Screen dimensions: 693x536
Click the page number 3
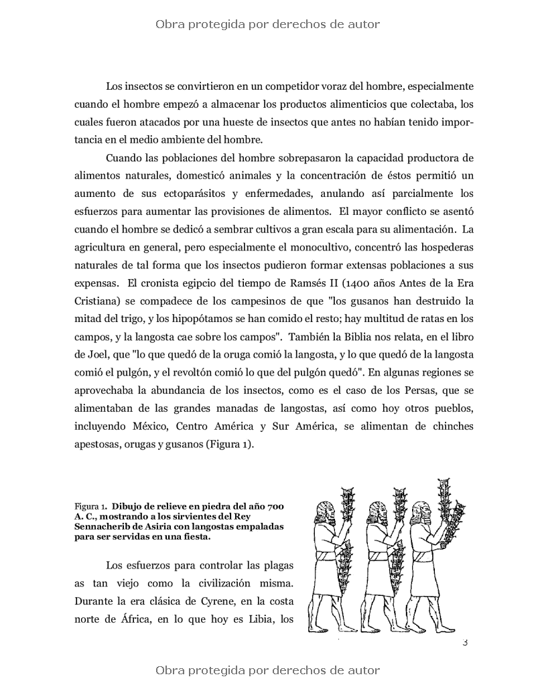(x=464, y=643)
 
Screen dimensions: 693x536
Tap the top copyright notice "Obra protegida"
(x=267, y=25)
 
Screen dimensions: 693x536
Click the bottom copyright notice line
(x=267, y=670)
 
